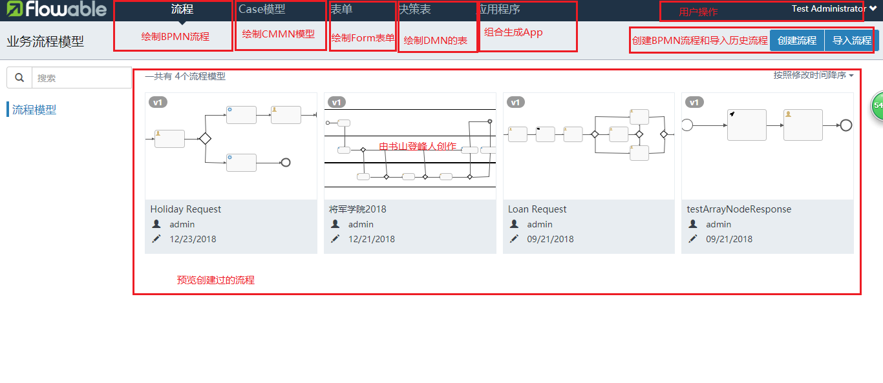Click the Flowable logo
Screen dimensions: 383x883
[x=56, y=9]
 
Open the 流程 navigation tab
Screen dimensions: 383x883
[x=182, y=10]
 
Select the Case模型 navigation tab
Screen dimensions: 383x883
[x=262, y=10]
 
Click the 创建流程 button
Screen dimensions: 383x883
[x=796, y=40]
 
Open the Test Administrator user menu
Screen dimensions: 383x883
[x=834, y=9]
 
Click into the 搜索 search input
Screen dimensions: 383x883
[x=81, y=78]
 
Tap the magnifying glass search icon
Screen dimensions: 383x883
[x=19, y=78]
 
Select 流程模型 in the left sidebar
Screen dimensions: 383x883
[x=34, y=110]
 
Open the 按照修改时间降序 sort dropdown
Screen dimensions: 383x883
[x=813, y=76]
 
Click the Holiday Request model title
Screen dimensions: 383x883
[x=186, y=209]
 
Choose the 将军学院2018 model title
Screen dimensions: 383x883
[x=357, y=209]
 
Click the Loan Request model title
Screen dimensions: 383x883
[x=537, y=209]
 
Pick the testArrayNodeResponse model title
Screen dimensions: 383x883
[x=739, y=209]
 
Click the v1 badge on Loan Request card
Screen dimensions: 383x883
[x=515, y=102]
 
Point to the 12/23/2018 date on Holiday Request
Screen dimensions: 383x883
[x=193, y=239]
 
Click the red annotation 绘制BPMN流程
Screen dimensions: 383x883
[x=175, y=37]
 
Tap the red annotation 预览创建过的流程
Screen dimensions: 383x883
[x=215, y=280]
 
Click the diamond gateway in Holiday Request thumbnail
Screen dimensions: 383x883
[x=206, y=138]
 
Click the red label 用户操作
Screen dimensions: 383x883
[x=698, y=12]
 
